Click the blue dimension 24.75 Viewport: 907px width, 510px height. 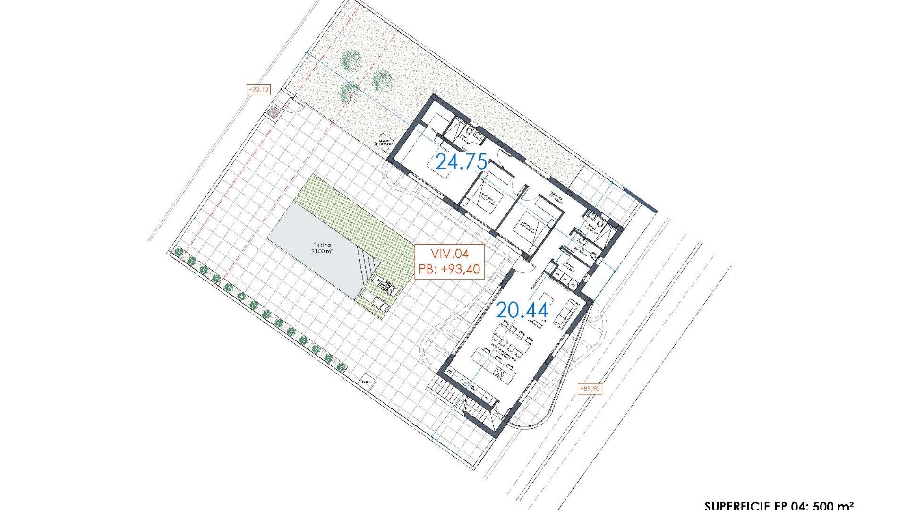(x=461, y=162)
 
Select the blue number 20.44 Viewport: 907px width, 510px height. (x=522, y=310)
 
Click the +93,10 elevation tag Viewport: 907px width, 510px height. (x=258, y=89)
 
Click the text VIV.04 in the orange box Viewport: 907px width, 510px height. (x=449, y=254)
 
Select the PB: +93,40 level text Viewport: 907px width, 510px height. (x=449, y=270)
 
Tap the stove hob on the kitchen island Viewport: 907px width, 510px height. (x=499, y=374)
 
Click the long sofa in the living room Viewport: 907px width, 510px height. (x=565, y=313)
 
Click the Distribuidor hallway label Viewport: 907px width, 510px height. (x=557, y=195)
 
